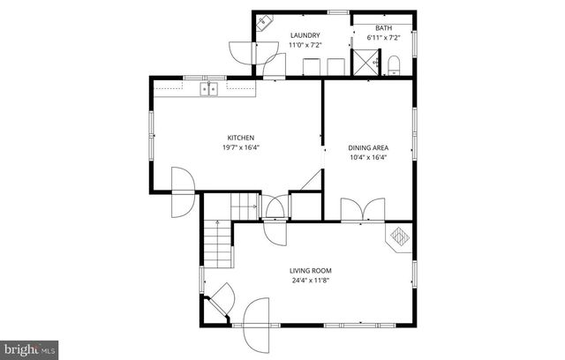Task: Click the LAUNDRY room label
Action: point(305,35)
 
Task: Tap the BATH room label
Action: point(383,27)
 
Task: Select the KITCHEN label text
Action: point(241,138)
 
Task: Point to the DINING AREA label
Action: point(368,147)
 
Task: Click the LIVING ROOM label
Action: point(311,271)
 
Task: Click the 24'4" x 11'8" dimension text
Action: point(311,281)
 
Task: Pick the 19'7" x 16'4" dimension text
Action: point(241,147)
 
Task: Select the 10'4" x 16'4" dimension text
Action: point(368,157)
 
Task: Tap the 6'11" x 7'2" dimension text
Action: point(383,38)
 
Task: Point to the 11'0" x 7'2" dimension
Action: point(305,45)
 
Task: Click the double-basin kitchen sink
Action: point(209,88)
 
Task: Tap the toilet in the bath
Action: point(394,63)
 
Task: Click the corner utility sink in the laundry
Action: point(264,26)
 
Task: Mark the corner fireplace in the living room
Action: point(401,237)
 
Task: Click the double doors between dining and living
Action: point(363,210)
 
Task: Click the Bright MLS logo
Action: point(29,349)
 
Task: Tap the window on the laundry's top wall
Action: point(336,11)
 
